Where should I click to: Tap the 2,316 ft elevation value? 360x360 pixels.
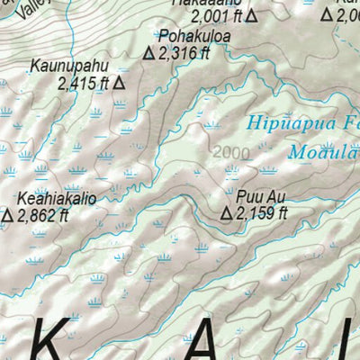[x=185, y=54]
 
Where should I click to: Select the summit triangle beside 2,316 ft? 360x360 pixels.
[x=149, y=54]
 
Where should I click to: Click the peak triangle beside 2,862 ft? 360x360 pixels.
[x=7, y=215]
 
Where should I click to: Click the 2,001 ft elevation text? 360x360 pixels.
[x=216, y=15]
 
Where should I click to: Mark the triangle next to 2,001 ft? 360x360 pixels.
[x=252, y=15]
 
